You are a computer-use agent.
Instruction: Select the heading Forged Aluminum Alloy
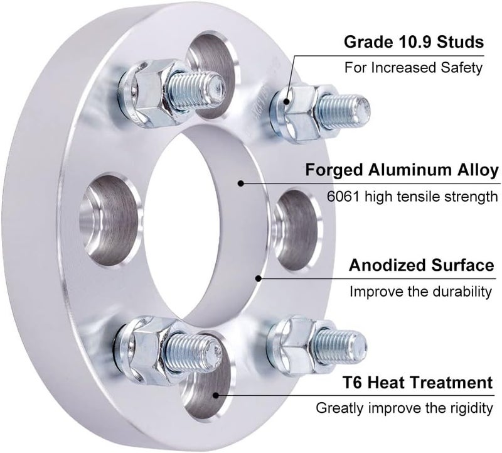pyautogui.click(x=402, y=170)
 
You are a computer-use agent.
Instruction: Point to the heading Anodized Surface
pyautogui.click(x=420, y=265)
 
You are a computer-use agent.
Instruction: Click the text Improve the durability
pyautogui.click(x=420, y=292)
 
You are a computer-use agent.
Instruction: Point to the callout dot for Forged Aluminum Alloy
pyautogui.click(x=241, y=183)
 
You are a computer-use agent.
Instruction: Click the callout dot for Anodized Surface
pyautogui.click(x=258, y=278)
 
